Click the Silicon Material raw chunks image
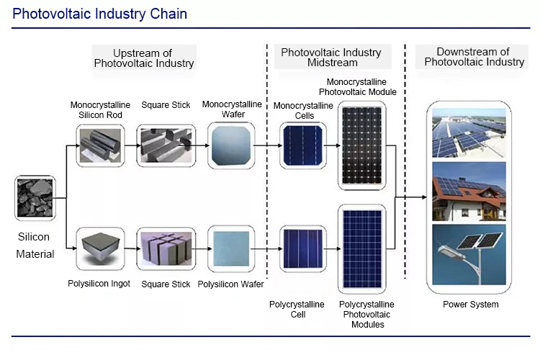point(35,198)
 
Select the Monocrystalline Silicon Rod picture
point(100,145)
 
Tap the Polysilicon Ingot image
point(100,248)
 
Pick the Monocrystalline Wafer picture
point(231,145)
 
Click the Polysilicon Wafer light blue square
point(231,248)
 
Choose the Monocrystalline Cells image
point(302,145)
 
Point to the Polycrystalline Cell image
point(302,248)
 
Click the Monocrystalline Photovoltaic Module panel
point(361,145)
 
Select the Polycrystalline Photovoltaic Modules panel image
point(361,248)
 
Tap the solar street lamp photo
point(469,255)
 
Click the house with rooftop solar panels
point(469,192)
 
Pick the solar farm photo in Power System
point(469,133)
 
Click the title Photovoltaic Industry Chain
point(100,14)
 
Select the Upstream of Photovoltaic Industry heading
point(144,58)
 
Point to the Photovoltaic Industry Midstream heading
point(331,57)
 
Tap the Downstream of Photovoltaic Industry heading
point(474,56)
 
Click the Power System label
point(471,304)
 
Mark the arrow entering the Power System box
point(411,197)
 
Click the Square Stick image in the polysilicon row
point(166,248)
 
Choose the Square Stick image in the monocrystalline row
point(166,145)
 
